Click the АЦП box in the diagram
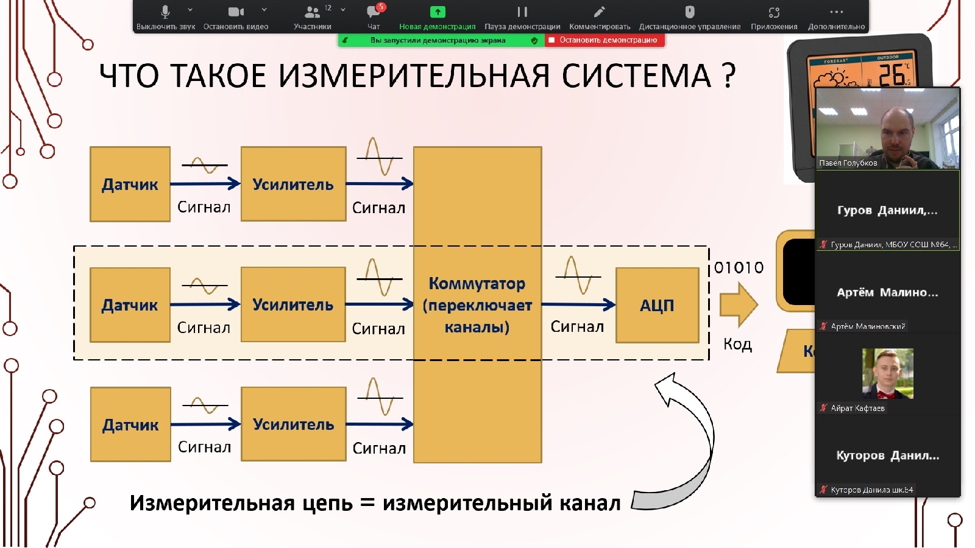tap(657, 305)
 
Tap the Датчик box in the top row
tap(130, 184)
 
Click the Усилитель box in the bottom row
tap(293, 424)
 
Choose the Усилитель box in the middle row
tap(293, 304)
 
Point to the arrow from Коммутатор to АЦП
tap(578, 304)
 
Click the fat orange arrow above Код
tap(738, 304)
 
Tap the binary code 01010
tap(739, 268)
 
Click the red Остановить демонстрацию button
tap(604, 40)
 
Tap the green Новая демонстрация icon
tap(438, 12)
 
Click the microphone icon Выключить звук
tap(165, 12)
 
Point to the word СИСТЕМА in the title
tap(636, 76)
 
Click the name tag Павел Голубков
tap(848, 163)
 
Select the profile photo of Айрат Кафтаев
tap(888, 373)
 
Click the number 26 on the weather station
tap(891, 75)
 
